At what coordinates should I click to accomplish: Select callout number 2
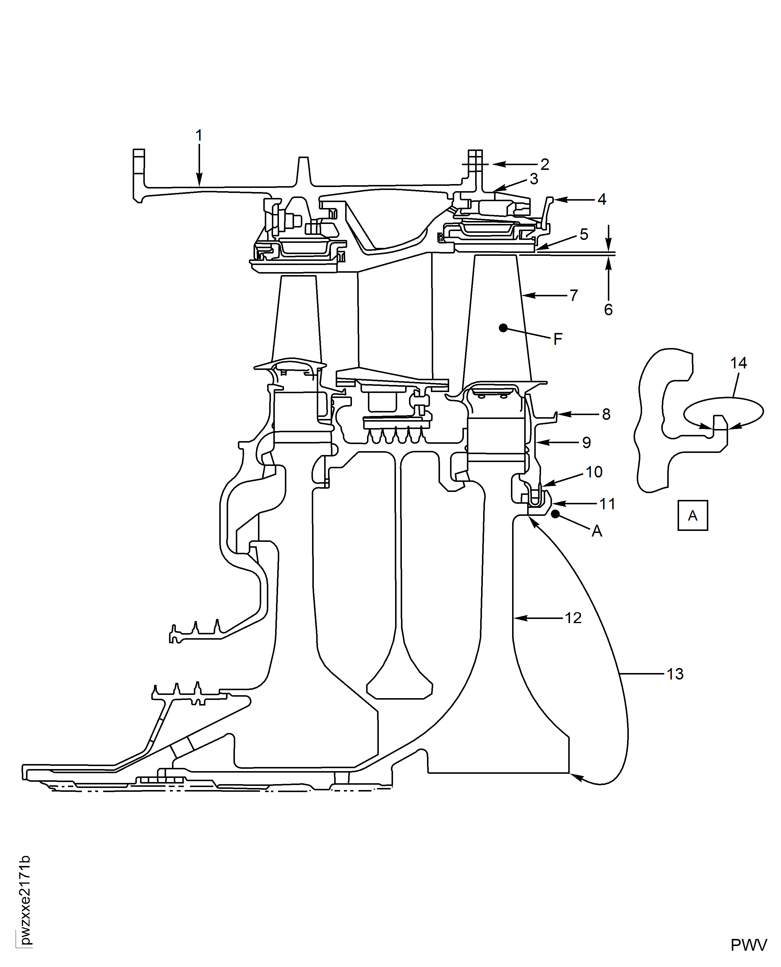545,165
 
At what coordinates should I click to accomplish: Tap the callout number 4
602,199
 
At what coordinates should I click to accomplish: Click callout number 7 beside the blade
574,295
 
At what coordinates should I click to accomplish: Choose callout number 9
587,443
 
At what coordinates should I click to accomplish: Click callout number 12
573,618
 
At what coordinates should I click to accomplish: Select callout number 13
675,686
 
